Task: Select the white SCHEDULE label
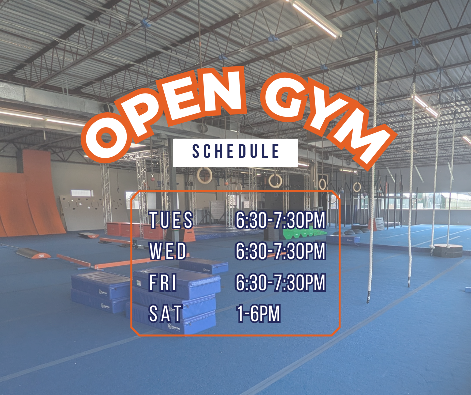tap(235, 153)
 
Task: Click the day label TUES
tap(171, 220)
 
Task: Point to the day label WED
tap(168, 251)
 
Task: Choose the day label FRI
tap(163, 282)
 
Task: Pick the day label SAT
tap(166, 313)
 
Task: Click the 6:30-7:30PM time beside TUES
tap(281, 220)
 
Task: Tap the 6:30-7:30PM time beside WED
tap(281, 251)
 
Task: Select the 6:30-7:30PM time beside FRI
tap(281, 282)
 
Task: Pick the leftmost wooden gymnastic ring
tap(204, 176)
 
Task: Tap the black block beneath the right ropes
tap(447, 251)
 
